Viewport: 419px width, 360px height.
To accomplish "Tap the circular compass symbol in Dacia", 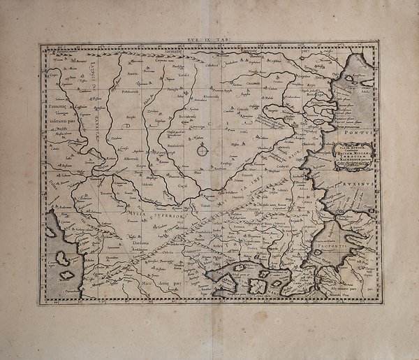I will [203, 150].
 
